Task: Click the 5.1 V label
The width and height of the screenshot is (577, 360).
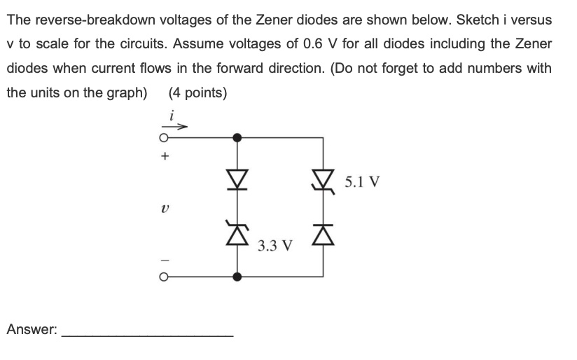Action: [x=363, y=182]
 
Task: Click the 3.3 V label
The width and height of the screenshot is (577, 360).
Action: [x=274, y=246]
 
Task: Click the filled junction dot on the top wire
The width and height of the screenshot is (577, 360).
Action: [x=238, y=137]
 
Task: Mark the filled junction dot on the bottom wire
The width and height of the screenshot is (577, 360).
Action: [x=238, y=277]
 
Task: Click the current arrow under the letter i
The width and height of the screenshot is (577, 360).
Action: [x=179, y=127]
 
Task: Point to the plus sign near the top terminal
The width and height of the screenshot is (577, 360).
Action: [x=165, y=158]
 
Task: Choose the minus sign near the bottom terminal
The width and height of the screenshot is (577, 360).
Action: [x=165, y=260]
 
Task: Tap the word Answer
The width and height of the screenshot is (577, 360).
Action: [x=32, y=329]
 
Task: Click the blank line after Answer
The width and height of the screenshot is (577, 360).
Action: [x=148, y=335]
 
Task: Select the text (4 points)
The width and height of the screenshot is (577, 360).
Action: [x=197, y=92]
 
